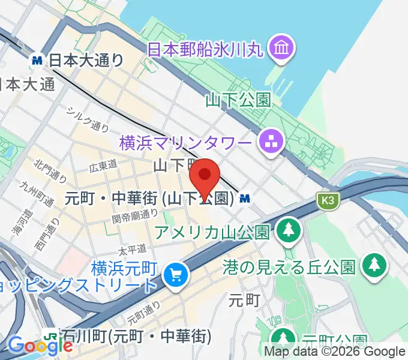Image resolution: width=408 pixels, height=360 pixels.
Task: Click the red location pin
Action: [205, 175]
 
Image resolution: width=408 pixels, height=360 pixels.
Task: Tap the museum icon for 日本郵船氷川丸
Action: [280, 47]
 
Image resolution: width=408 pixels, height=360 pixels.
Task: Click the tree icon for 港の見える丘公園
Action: [375, 264]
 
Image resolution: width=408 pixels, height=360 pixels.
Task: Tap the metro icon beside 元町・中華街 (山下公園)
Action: [245, 197]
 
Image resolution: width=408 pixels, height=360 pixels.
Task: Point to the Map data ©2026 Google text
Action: [335, 352]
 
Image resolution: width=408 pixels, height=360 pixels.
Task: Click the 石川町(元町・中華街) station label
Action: [137, 335]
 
